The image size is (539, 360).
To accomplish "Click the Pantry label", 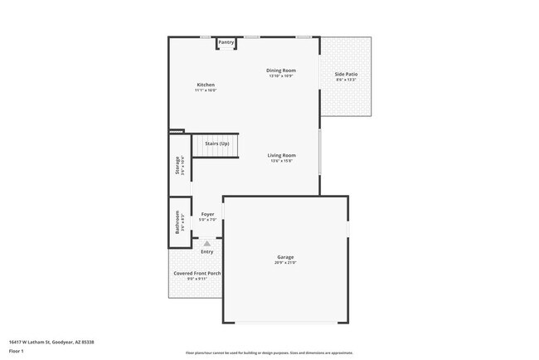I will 226,41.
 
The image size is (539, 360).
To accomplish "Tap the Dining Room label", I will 281,71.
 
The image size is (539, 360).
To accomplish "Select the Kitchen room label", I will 206,85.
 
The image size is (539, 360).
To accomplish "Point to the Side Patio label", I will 346,75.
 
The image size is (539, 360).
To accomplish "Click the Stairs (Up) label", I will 217,144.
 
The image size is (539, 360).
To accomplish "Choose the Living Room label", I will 282,155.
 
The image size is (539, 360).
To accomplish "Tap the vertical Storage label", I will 177,165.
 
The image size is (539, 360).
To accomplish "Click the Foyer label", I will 208,214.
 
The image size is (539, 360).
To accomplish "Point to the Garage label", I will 285,257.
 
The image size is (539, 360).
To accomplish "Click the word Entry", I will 206,251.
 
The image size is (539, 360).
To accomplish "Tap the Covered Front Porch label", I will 197,273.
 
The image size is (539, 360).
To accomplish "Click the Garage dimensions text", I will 285,263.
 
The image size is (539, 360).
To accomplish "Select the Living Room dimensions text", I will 282,161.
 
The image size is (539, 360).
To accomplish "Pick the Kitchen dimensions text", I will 206,90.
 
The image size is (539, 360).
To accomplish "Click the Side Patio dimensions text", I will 346,80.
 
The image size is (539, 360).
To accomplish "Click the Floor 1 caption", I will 16,351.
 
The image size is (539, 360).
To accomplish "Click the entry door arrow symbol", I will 207,244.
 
